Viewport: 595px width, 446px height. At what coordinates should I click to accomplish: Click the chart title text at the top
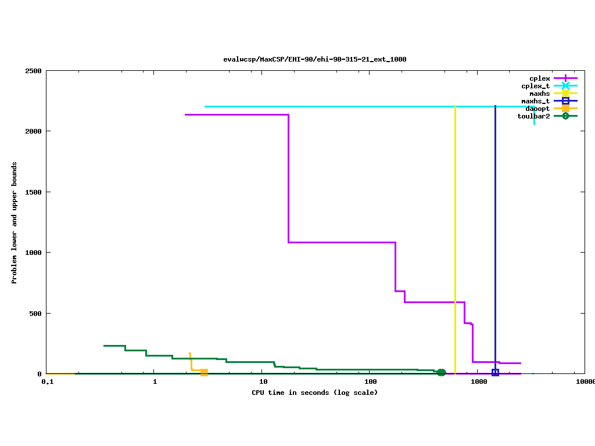(314, 59)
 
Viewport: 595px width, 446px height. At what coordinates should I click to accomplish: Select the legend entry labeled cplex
(539, 78)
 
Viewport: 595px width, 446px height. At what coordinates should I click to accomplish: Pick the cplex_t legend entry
(535, 86)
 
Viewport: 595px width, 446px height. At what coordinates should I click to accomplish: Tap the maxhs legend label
(539, 93)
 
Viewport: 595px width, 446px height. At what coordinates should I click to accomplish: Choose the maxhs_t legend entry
(535, 101)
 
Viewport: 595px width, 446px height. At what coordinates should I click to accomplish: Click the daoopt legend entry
(537, 109)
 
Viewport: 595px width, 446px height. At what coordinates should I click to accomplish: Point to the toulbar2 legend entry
(533, 116)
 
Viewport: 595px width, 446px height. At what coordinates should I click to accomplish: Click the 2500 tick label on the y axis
(33, 71)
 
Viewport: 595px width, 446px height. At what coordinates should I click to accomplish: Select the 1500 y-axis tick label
(33, 192)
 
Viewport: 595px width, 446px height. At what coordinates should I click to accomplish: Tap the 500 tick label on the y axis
(35, 314)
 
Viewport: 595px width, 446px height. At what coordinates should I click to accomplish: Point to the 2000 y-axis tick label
(33, 131)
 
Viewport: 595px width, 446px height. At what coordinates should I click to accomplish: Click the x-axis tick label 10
(263, 382)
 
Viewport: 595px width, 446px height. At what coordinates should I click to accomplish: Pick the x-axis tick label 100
(371, 382)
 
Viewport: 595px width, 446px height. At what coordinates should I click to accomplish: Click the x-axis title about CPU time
(314, 393)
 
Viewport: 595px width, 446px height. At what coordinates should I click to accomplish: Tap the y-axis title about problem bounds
(15, 222)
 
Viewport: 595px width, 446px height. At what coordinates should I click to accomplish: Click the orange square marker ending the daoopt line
(204, 372)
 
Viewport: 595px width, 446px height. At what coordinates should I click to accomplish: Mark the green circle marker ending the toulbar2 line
(441, 373)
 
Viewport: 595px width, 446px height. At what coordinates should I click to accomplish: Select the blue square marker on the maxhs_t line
(495, 372)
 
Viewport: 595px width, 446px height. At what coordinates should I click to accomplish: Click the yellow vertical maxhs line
(455, 232)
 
